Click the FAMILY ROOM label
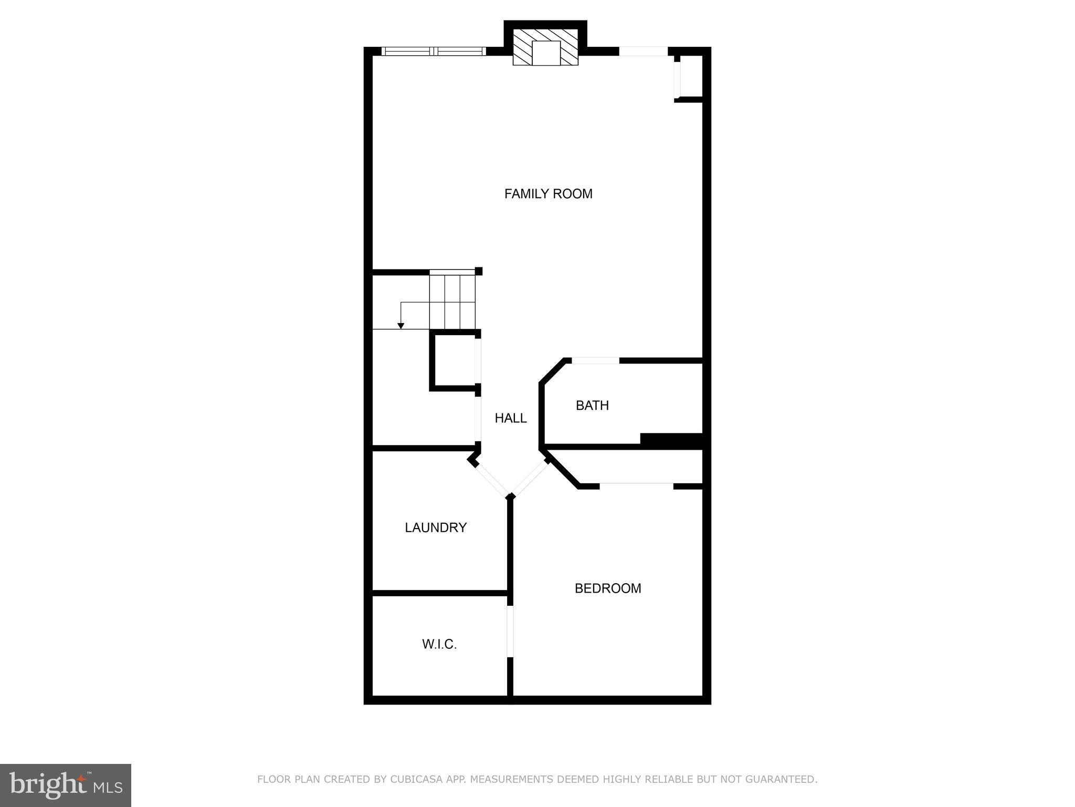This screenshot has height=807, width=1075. pos(548,194)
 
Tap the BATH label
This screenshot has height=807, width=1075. pos(592,406)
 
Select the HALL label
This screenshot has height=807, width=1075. pos(510,418)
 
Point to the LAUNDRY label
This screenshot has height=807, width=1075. pos(436,527)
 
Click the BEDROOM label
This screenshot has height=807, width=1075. pos(608,588)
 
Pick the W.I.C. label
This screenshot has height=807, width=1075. pos(439,644)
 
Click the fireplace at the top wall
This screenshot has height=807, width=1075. pos(545,48)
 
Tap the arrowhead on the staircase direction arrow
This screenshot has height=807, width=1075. pos(401,326)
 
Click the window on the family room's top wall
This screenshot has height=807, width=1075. pos(434,51)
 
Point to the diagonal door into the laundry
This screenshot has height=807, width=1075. pos(491,479)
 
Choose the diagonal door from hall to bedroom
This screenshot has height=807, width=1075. pos(530,478)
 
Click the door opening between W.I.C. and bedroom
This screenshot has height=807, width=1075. pos(510,632)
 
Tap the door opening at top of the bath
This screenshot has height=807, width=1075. pos(595,360)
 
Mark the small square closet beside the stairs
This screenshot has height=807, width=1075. pos(453,361)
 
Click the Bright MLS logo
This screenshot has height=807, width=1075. pos(66,785)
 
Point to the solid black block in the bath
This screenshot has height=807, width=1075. pos(671,441)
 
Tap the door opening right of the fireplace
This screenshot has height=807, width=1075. pos(644,51)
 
